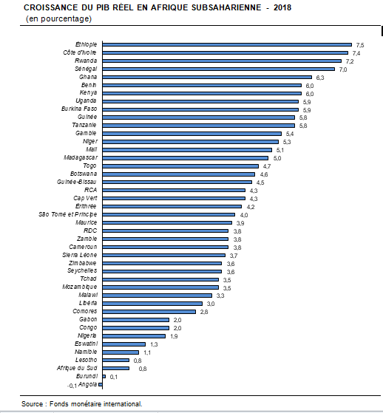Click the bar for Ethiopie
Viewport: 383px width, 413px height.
point(227,45)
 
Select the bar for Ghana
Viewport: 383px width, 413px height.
point(207,77)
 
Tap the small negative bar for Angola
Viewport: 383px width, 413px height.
point(101,384)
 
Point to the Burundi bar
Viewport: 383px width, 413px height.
point(104,376)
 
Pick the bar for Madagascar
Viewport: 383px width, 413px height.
point(186,158)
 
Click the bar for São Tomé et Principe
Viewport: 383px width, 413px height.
point(169,215)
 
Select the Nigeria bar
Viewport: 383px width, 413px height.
point(134,336)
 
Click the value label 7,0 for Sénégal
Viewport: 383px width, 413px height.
point(343,69)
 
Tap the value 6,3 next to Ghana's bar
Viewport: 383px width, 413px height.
point(320,78)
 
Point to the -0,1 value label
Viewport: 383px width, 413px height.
point(72,386)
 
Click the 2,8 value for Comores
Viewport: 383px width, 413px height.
point(204,312)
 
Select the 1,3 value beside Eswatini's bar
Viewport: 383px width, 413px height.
point(154,344)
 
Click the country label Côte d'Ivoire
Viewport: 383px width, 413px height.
point(80,52)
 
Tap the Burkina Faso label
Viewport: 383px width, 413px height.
point(79,109)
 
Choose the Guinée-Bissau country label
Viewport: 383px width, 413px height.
point(77,182)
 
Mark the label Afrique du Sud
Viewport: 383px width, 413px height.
point(77,368)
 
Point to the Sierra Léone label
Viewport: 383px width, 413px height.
point(80,255)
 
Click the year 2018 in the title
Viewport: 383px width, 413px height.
point(282,7)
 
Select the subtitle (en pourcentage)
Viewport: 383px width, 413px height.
point(59,19)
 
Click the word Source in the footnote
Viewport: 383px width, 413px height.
point(32,404)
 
